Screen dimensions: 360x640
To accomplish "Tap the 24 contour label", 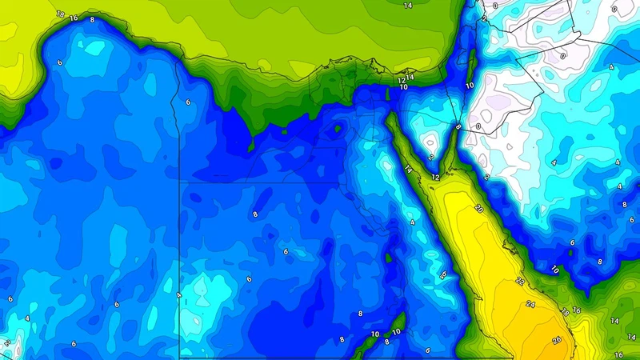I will (x=530, y=304).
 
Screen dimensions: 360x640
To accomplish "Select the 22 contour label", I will (x=519, y=281).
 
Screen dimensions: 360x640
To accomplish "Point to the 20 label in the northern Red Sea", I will (x=478, y=208).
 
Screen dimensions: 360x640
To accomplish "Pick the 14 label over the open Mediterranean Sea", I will (x=408, y=6).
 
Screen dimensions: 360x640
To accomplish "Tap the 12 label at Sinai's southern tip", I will (x=435, y=176).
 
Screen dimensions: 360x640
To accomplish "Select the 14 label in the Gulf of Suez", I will (x=408, y=169).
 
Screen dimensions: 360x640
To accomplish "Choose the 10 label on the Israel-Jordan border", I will (x=470, y=85).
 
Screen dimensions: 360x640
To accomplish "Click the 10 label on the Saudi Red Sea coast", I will (x=554, y=270).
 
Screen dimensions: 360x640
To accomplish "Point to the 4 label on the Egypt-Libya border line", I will (x=179, y=295).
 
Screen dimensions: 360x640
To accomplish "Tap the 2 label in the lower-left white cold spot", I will (x=6, y=342).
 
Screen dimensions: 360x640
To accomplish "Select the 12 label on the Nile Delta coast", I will (x=403, y=81).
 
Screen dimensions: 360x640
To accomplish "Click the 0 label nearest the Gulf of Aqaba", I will (x=478, y=126).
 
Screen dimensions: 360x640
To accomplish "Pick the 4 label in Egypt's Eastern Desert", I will (x=413, y=222).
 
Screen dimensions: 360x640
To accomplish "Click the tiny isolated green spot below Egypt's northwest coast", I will (x=251, y=146).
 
